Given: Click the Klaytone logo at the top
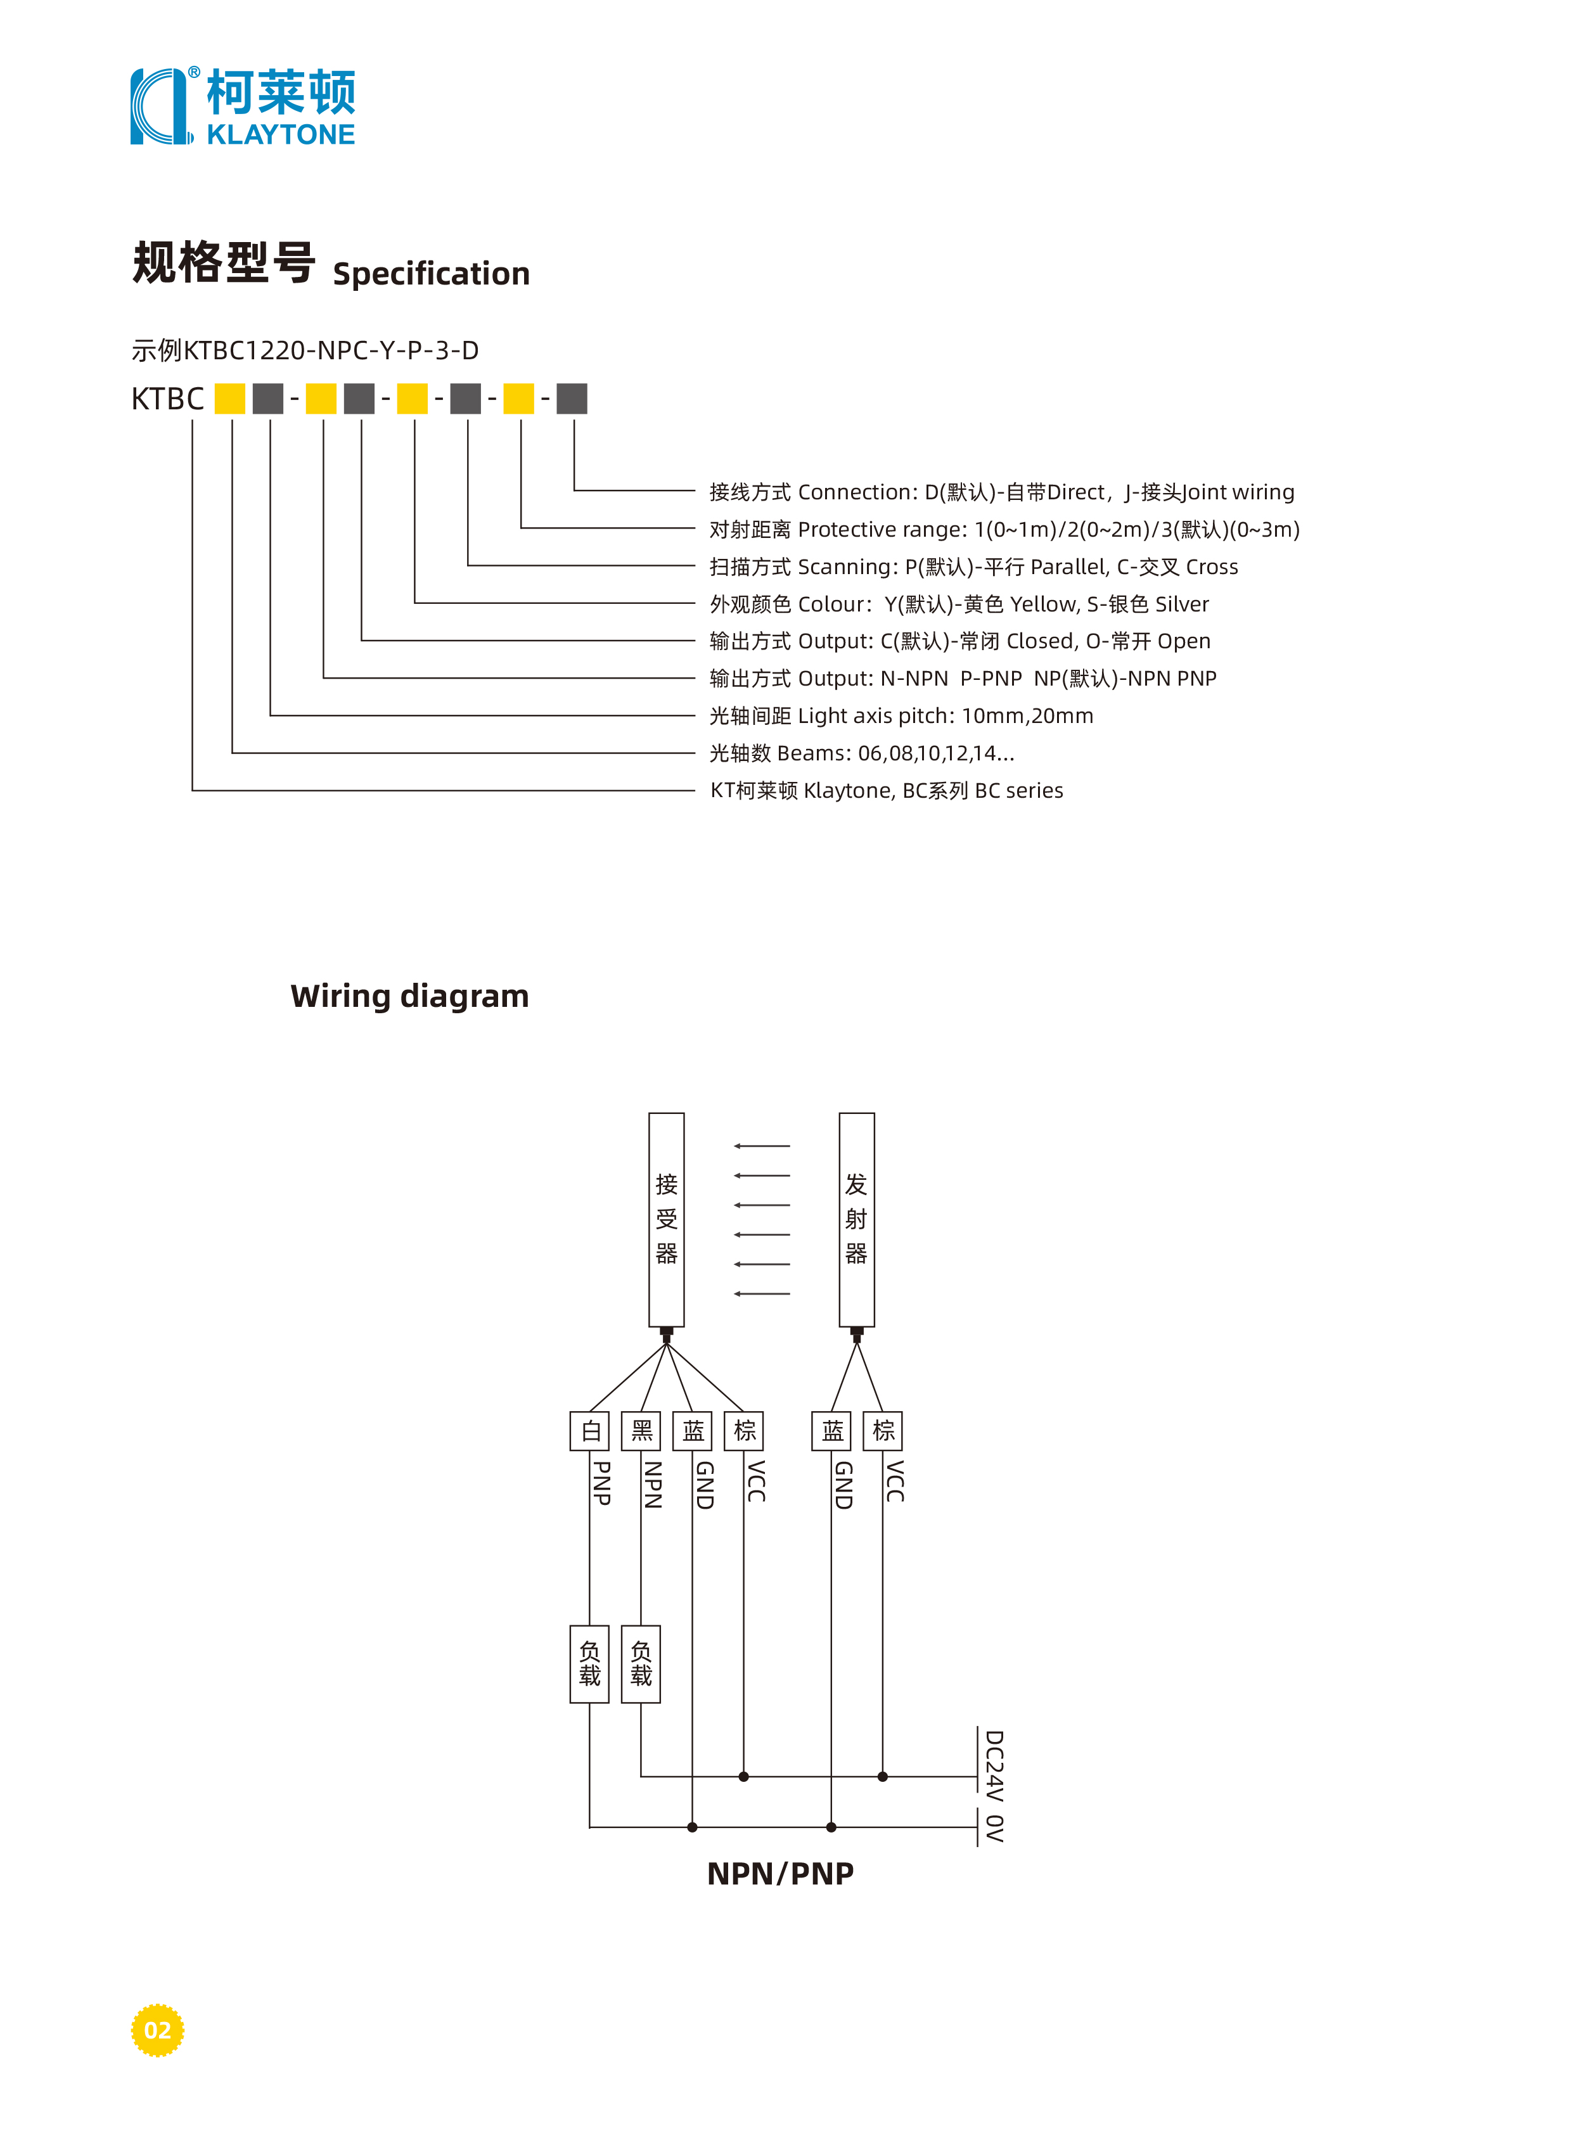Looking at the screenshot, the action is coord(243,106).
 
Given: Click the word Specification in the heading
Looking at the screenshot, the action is coord(431,274).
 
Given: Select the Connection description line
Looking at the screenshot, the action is coord(1001,492).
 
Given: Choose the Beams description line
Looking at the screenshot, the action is coord(862,753).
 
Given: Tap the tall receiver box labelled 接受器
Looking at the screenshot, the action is coord(667,1219).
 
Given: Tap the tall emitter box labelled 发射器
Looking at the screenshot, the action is coord(857,1219).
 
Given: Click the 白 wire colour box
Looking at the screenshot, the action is coord(589,1430).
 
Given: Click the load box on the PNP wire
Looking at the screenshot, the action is coord(589,1663).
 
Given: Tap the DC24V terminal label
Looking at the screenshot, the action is coord(994,1766).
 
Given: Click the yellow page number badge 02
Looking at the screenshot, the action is coord(157,2030).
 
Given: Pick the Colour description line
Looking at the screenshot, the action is coord(959,604).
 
